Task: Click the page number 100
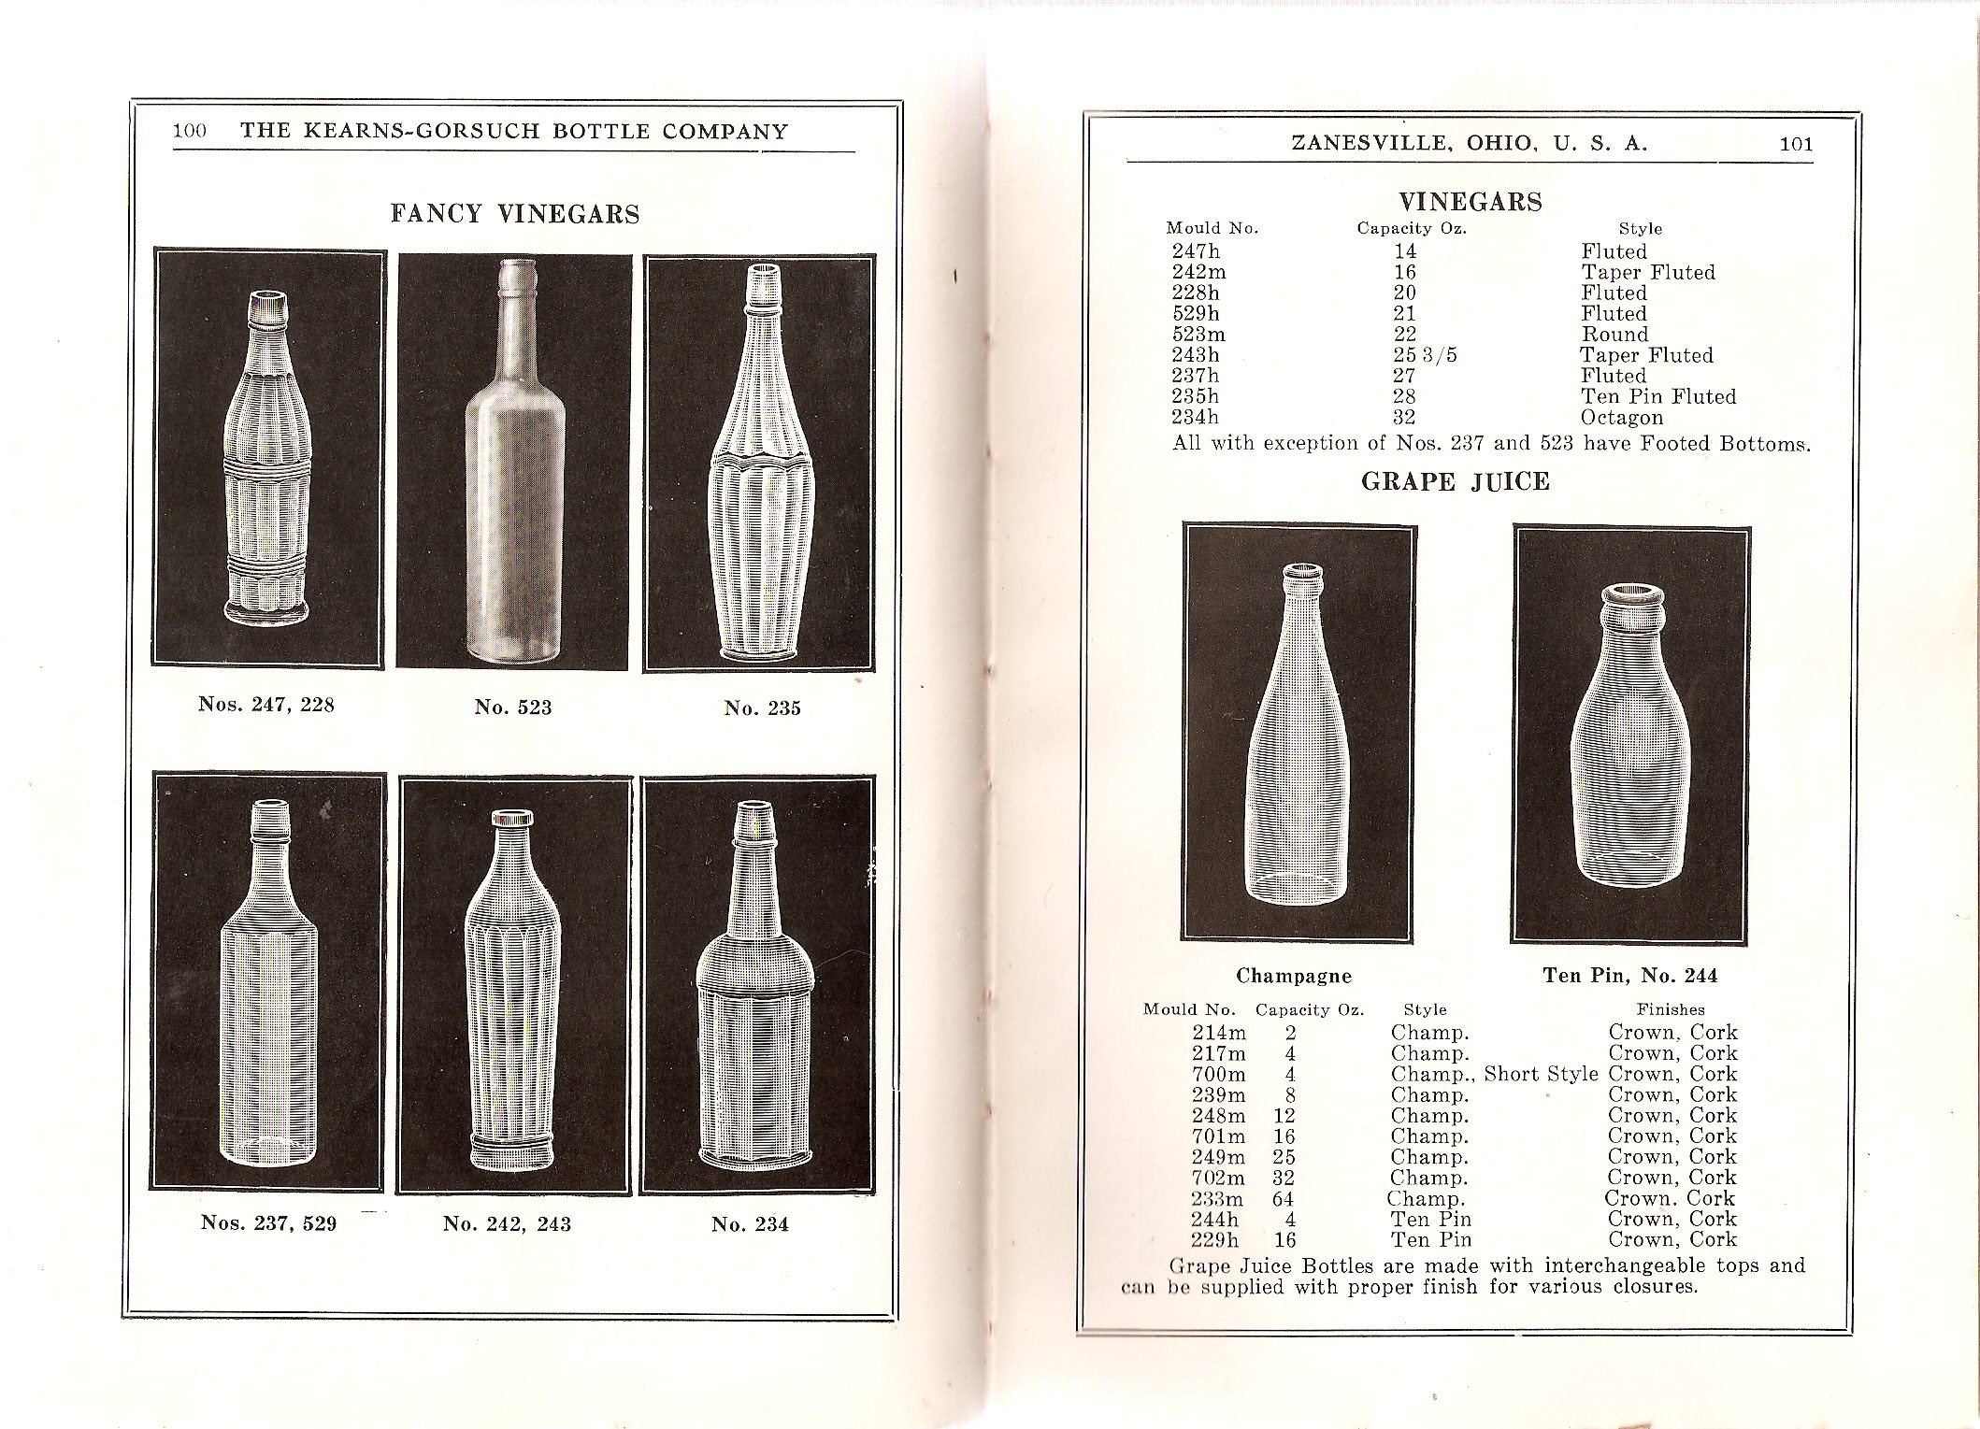tap(190, 132)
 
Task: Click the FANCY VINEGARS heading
tap(515, 215)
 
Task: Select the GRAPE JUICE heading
tap(1456, 482)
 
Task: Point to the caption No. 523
tap(513, 707)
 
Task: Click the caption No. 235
tap(763, 708)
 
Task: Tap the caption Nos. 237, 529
tap(268, 1222)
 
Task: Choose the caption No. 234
tap(750, 1224)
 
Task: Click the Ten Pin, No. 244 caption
tap(1629, 976)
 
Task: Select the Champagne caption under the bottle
tap(1294, 976)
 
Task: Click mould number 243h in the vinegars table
tap(1196, 355)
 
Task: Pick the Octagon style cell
tap(1622, 418)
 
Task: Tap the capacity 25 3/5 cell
tap(1425, 355)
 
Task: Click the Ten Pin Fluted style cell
tap(1658, 396)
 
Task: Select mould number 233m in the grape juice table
tap(1217, 1199)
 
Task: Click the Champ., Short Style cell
tap(1494, 1074)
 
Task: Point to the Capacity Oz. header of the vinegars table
tap(1412, 228)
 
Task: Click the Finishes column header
tap(1670, 1009)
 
